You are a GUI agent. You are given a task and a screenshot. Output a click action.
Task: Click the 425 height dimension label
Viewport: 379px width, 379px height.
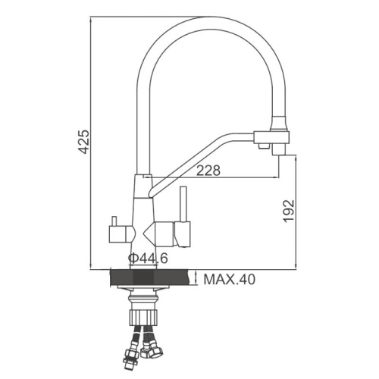point(83,142)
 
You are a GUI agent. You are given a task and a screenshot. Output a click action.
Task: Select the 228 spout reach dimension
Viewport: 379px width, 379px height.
point(208,171)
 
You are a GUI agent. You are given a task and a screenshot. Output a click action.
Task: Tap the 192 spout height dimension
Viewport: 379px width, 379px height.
point(289,211)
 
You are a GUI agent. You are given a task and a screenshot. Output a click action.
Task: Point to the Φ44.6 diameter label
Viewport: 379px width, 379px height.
point(148,258)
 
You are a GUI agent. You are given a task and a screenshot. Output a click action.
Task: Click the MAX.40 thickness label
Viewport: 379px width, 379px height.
point(230,280)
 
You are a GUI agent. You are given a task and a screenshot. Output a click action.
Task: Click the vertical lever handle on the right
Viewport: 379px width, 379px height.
point(183,204)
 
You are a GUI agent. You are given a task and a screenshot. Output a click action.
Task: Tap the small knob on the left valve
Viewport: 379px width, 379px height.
point(114,221)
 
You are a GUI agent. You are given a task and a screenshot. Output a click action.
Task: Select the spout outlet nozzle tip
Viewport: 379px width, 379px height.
point(278,152)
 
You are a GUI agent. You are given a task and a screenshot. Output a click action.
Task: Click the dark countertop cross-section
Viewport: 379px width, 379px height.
point(150,278)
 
